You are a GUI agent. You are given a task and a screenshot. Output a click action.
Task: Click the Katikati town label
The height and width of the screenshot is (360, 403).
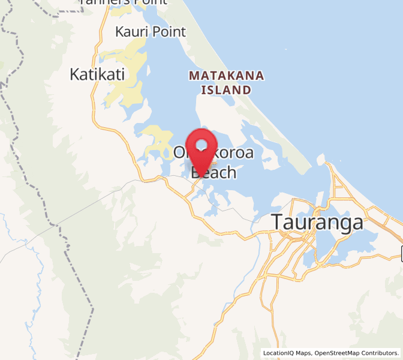pos(97,74)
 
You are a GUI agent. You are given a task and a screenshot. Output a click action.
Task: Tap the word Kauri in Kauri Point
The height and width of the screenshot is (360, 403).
pos(133,32)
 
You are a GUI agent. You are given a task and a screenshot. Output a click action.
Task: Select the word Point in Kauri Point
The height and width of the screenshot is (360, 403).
pos(169,32)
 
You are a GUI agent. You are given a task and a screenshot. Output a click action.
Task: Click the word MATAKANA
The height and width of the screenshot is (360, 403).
pos(226,76)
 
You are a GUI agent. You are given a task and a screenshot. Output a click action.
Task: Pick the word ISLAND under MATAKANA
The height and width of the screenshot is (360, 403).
pos(226,90)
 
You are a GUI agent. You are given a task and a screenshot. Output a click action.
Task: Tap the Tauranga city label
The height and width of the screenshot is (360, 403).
pos(318,223)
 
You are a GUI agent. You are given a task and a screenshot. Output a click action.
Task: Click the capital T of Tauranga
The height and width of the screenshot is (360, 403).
pos(279,222)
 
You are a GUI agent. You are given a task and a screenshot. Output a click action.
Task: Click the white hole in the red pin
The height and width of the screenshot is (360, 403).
pos(202,145)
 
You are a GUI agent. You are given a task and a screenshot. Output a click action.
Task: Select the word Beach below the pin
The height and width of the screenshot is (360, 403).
pos(214,173)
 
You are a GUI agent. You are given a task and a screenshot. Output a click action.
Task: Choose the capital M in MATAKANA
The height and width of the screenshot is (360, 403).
pos(193,76)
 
